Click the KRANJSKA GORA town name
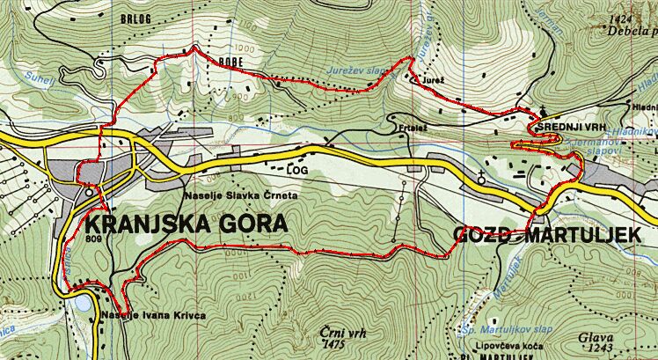coord(185,222)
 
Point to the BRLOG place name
coord(141,17)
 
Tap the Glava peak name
coord(594,336)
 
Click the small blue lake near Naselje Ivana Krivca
coord(82,303)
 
